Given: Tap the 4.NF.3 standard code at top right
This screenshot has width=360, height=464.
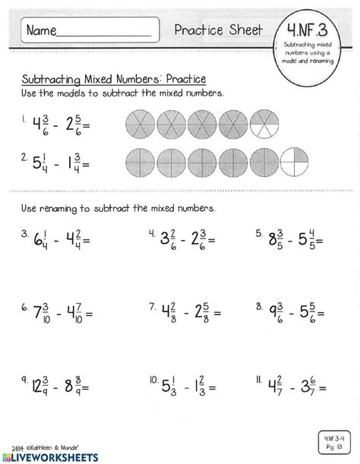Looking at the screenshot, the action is click(x=305, y=30).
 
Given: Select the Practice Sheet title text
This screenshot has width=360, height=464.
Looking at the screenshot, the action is click(x=218, y=30).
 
